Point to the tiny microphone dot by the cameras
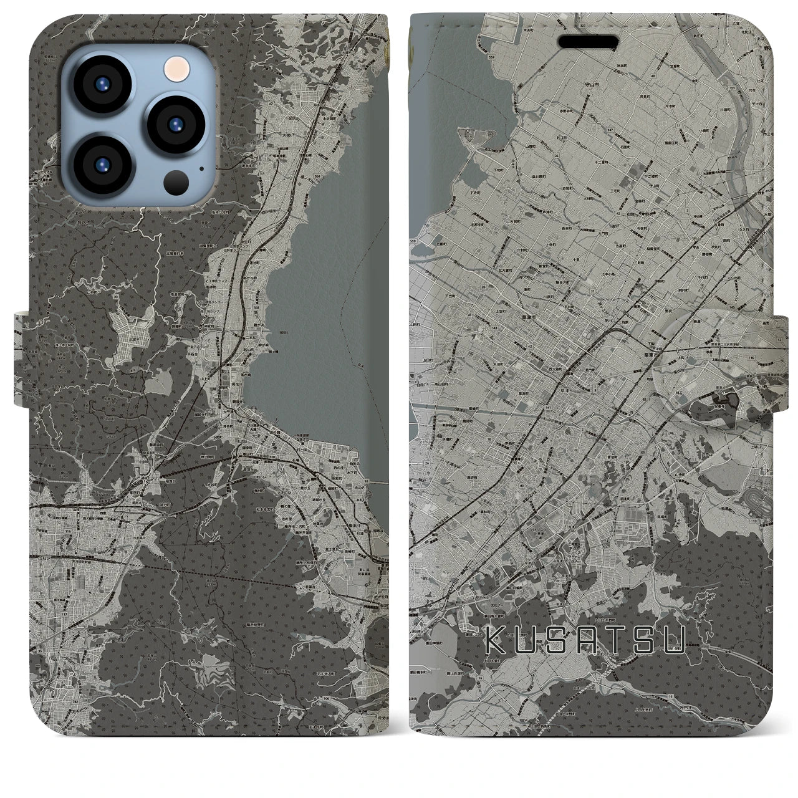[201, 168]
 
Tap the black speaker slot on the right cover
[592, 42]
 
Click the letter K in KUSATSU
[495, 640]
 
